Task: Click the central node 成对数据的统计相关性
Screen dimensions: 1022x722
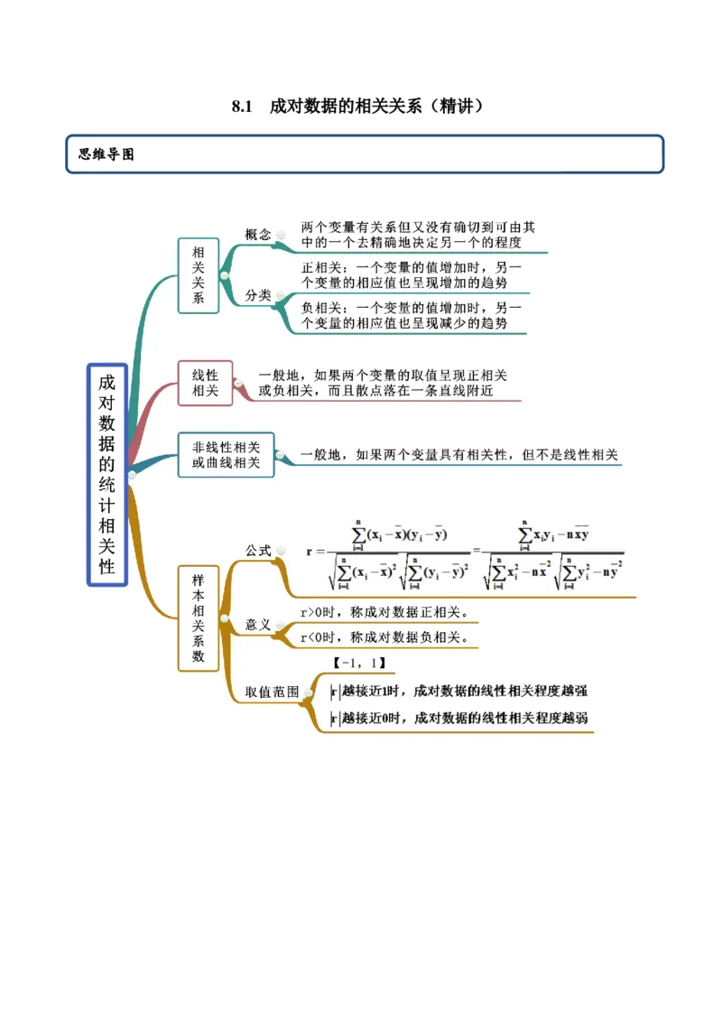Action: click(107, 474)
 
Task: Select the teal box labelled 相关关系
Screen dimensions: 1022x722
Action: click(199, 275)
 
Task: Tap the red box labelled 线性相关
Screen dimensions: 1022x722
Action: click(205, 383)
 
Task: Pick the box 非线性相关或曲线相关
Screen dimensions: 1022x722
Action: click(226, 454)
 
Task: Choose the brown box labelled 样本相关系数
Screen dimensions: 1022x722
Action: click(199, 618)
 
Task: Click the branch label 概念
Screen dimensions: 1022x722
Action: click(258, 235)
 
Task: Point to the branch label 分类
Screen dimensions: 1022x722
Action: click(258, 295)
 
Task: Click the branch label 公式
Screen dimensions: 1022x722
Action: click(258, 550)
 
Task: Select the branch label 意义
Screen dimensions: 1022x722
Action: click(258, 625)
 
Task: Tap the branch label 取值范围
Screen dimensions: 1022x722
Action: click(273, 692)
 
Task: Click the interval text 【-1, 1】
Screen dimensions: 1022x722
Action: click(360, 664)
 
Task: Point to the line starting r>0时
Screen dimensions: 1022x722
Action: click(384, 612)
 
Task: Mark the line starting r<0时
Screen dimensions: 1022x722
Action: click(384, 637)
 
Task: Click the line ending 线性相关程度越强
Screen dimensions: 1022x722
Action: click(460, 692)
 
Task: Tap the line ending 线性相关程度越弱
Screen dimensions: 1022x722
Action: click(460, 719)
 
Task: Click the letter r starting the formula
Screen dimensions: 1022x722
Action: click(310, 551)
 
